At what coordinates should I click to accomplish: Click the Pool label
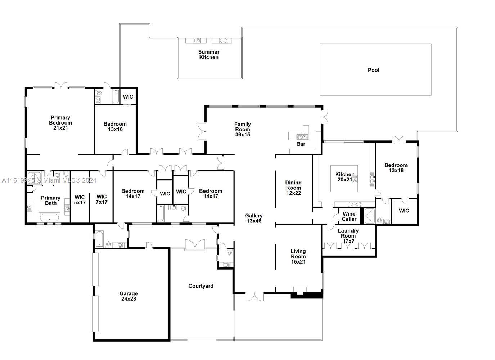[x=373, y=70]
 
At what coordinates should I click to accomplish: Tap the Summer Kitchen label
[x=209, y=55]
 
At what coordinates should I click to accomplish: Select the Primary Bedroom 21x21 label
[x=60, y=123]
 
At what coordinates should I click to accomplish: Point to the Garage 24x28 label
[x=129, y=296]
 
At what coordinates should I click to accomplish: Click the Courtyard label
[x=201, y=286]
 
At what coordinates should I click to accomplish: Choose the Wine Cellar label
[x=349, y=216]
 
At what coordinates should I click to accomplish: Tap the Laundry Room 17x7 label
[x=348, y=236]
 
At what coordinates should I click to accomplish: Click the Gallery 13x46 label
[x=254, y=218]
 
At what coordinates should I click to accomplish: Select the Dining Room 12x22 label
[x=293, y=188]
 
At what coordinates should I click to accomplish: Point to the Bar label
[x=301, y=144]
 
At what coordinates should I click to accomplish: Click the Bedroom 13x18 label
[x=396, y=168]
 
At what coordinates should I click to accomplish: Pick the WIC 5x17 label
[x=80, y=200]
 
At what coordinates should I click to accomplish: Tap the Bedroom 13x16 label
[x=115, y=127]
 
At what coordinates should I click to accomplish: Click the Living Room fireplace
[x=300, y=291]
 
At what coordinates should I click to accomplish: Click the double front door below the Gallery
[x=255, y=297]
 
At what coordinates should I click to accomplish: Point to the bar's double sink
[x=302, y=137]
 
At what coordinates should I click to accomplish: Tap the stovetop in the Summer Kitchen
[x=223, y=40]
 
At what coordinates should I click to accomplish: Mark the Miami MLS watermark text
[x=49, y=180]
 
